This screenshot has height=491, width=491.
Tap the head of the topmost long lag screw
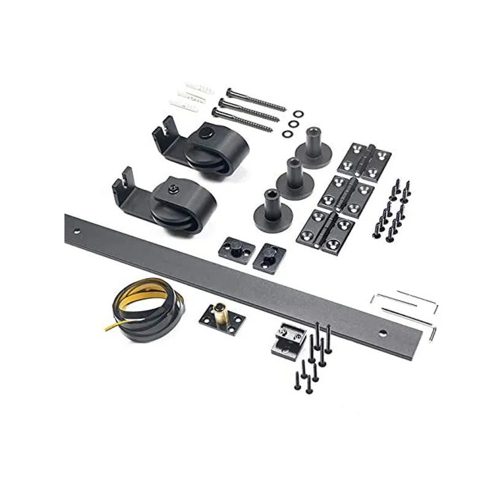click(229, 92)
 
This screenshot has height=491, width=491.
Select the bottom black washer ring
click(286, 133)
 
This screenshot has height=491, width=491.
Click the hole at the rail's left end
click(77, 233)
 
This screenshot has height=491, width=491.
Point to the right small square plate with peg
click(270, 256)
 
